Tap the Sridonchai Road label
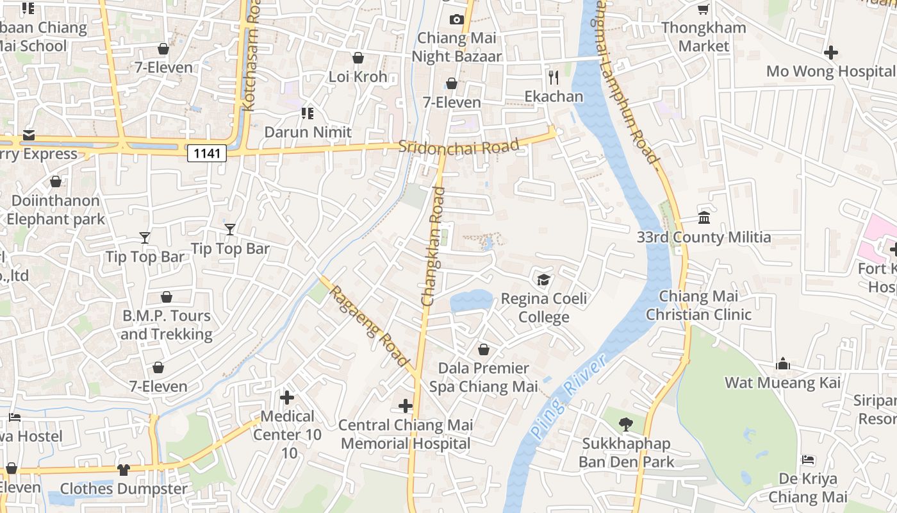pos(458,146)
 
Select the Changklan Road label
pos(433,246)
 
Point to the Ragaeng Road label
pos(369,326)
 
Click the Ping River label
pos(569,398)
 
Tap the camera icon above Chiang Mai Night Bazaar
pos(456,19)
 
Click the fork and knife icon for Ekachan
pos(554,78)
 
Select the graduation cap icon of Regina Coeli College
pos(543,280)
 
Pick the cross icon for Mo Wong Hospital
pos(831,52)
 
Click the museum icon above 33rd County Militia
pos(704,218)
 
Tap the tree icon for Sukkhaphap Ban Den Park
pos(625,424)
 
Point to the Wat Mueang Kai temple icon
pos(782,364)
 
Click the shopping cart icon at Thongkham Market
pos(703,9)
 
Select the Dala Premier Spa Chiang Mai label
pos(483,377)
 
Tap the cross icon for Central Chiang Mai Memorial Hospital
pos(405,405)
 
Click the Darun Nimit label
pos(308,132)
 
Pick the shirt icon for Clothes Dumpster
pos(124,469)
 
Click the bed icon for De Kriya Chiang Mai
pos(808,460)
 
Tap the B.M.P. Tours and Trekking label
pos(167,324)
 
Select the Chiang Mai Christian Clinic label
pos(698,305)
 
